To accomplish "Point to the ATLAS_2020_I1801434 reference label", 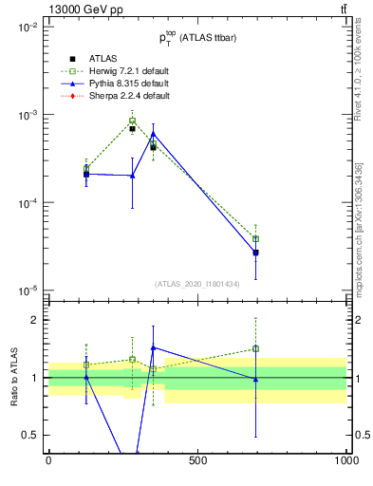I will pos(197,284).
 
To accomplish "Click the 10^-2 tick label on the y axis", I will pos(28,28).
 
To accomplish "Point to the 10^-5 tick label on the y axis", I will pos(28,290).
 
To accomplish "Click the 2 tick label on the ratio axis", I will pos(36,320).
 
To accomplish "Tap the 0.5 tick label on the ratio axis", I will pos(31,435).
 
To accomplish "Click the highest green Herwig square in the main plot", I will pos(132,121).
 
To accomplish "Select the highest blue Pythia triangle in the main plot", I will pos(153,134).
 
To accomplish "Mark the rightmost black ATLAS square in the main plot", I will pos(255,252).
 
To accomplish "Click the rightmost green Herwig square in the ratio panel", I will pos(255,348).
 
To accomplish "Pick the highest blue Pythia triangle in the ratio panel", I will pos(153,347).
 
